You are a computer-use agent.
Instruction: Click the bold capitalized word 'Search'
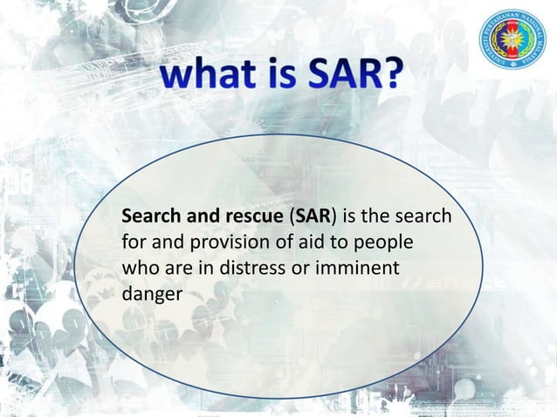pyautogui.click(x=149, y=215)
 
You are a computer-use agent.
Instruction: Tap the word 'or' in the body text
pyautogui.click(x=299, y=268)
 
